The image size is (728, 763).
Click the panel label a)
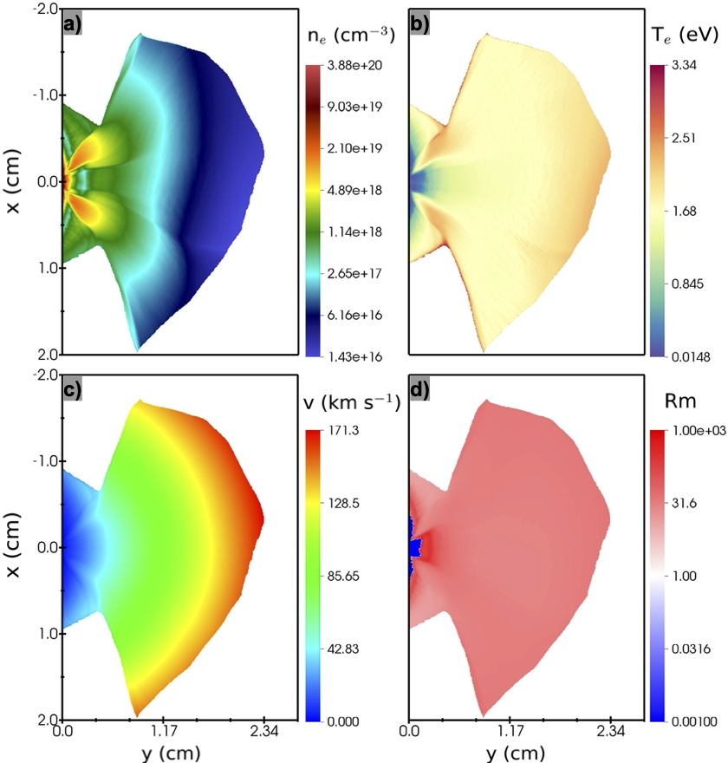point(73,24)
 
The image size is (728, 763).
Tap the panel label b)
point(419,24)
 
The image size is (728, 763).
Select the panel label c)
point(73,390)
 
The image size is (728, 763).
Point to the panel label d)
point(419,390)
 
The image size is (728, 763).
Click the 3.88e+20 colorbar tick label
point(354,65)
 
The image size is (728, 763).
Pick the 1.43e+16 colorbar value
point(354,356)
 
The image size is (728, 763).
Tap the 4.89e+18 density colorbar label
point(354,190)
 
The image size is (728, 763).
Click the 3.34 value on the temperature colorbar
point(684,65)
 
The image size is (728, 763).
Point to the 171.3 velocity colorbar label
point(343,430)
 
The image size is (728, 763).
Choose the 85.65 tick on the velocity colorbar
point(343,576)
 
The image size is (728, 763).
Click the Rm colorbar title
point(679,401)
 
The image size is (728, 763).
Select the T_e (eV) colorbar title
point(684,35)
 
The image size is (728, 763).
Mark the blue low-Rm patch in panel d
point(414,547)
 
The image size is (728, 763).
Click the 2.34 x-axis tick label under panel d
point(610,731)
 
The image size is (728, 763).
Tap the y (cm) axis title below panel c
point(171,753)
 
